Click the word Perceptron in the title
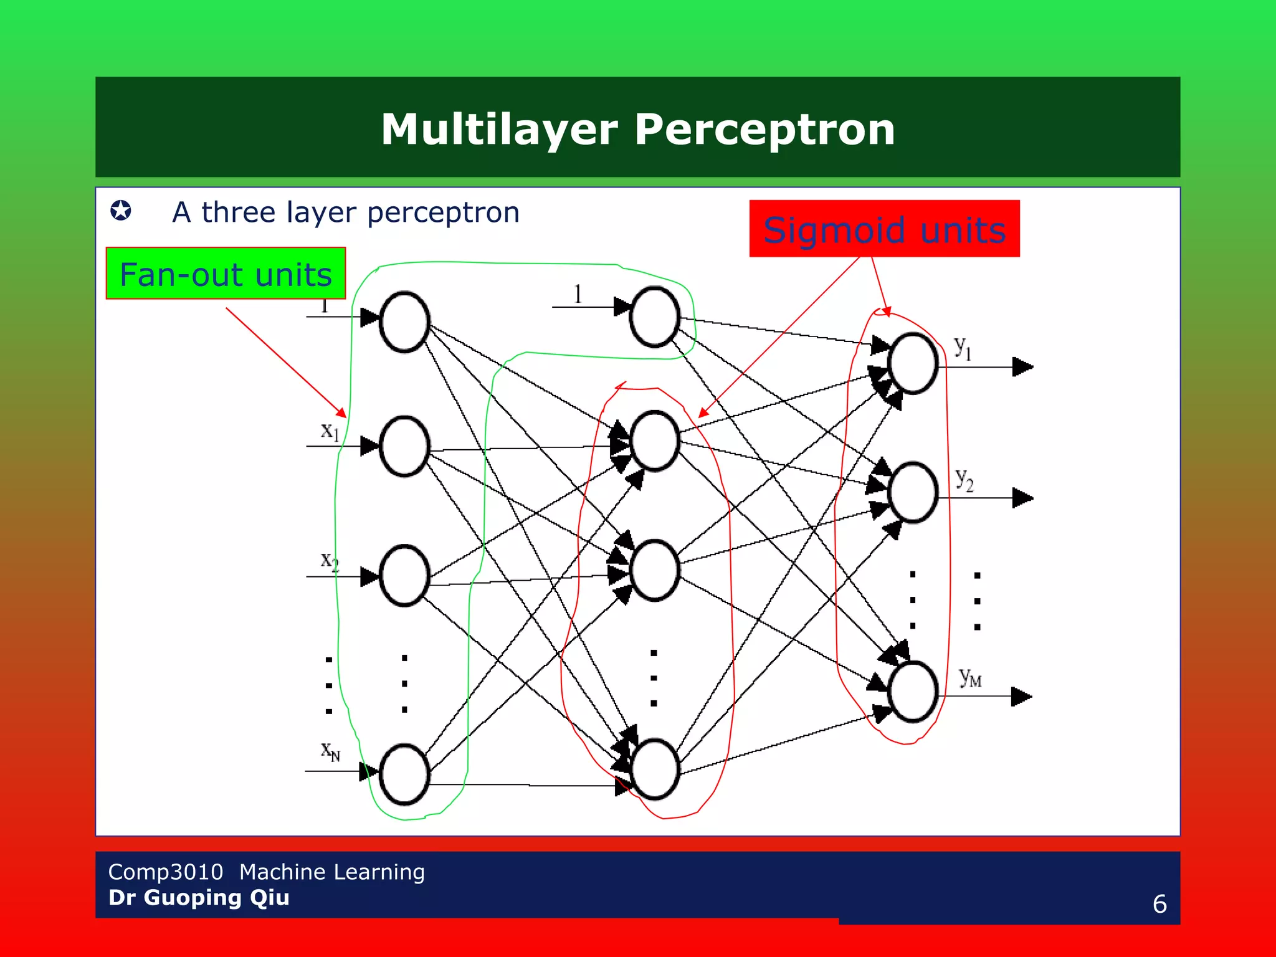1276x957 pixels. tap(764, 130)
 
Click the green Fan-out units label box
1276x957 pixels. tap(226, 274)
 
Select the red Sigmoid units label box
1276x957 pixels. tap(884, 229)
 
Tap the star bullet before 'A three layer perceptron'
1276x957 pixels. tap(121, 211)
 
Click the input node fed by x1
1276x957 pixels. tap(404, 446)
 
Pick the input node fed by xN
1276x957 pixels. tap(404, 774)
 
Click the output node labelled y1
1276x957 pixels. tap(913, 363)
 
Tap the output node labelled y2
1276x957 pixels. tap(913, 492)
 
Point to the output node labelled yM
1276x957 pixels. tap(913, 692)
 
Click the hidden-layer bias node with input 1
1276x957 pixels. tap(654, 317)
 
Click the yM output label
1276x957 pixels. tap(969, 677)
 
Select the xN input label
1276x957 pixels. tap(330, 751)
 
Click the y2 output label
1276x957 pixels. tap(964, 480)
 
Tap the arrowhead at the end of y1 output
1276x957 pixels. tap(1022, 367)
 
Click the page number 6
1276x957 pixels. tap(1159, 904)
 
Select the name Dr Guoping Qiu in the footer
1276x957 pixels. tap(199, 898)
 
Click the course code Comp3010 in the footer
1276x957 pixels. tap(165, 872)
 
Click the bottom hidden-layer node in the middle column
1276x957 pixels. tap(654, 769)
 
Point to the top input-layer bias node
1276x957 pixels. tap(404, 322)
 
